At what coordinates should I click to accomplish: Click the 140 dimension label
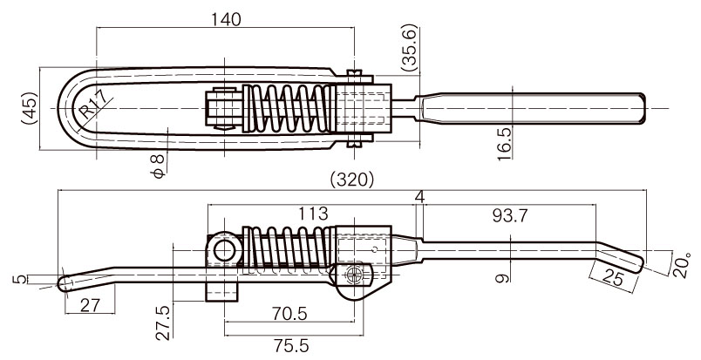(226, 20)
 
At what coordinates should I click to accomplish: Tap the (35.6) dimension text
(409, 48)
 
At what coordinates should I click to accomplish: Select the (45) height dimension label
(30, 109)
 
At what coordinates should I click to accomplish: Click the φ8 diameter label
(159, 166)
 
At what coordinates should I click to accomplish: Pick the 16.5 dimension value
(504, 143)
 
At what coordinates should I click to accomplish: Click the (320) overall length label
(352, 180)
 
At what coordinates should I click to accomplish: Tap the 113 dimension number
(313, 214)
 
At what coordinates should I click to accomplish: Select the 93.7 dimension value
(510, 216)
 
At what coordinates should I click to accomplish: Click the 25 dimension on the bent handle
(611, 278)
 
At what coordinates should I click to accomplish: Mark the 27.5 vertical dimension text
(164, 323)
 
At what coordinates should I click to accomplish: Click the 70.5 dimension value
(290, 314)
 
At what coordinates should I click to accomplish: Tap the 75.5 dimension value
(290, 346)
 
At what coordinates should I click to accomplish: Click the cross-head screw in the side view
(354, 276)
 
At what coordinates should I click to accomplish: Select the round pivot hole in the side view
(224, 250)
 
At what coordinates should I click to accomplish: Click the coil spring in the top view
(289, 109)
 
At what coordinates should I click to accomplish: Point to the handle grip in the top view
(531, 109)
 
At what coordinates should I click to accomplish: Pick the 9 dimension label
(503, 278)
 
